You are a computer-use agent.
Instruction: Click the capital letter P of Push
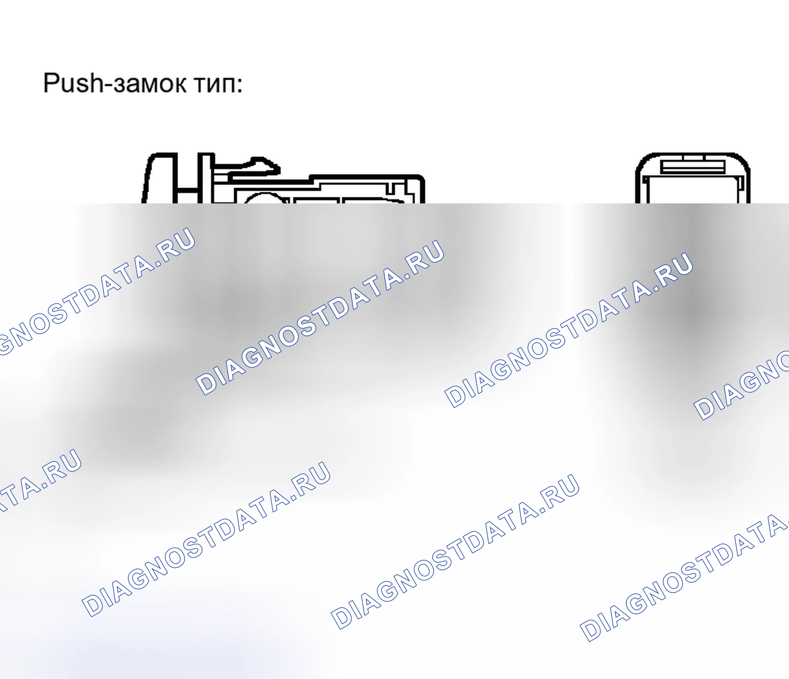[51, 83]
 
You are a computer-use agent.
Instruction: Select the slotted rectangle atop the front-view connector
[693, 166]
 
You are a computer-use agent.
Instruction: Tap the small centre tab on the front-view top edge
[694, 157]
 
